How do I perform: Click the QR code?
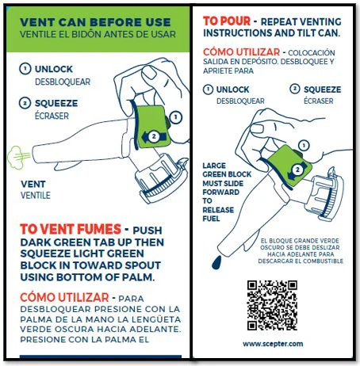click(x=272, y=305)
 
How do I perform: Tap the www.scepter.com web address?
click(x=273, y=344)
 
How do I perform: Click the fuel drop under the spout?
click(x=216, y=262)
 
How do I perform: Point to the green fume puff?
click(x=17, y=158)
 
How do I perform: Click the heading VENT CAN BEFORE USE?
click(x=95, y=22)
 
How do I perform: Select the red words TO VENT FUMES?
click(x=71, y=229)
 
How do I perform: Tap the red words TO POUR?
click(x=227, y=21)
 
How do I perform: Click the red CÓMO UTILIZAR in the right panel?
click(x=241, y=52)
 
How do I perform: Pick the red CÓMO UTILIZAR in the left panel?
click(x=64, y=297)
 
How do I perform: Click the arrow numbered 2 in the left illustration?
click(x=154, y=136)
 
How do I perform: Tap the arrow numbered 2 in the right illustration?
click(x=297, y=170)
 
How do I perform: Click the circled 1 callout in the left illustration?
click(x=176, y=117)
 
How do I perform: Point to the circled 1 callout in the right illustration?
click(x=304, y=146)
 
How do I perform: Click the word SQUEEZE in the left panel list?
click(x=56, y=103)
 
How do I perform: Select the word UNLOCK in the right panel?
click(x=232, y=90)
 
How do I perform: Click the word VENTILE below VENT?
click(x=36, y=196)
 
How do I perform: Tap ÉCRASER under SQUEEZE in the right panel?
click(x=319, y=101)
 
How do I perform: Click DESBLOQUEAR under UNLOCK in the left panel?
click(x=63, y=82)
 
